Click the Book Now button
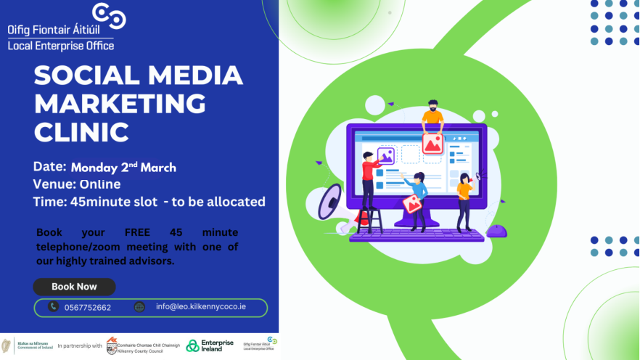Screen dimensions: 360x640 coord(74,287)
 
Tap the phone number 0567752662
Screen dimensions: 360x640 coord(88,308)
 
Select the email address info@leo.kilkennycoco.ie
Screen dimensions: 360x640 coord(201,307)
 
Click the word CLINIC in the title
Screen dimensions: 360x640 coord(82,132)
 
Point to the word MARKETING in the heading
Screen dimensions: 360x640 coord(120,104)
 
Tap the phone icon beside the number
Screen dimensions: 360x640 coord(53,307)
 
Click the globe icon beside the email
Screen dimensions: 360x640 coord(139,307)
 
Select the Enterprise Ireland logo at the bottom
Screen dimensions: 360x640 coord(210,345)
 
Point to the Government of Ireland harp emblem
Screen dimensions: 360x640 coord(7,345)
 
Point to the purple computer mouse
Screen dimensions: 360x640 coord(496,231)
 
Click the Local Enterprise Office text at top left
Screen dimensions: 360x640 coord(61,46)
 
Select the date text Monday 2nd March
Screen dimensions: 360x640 coord(123,167)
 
